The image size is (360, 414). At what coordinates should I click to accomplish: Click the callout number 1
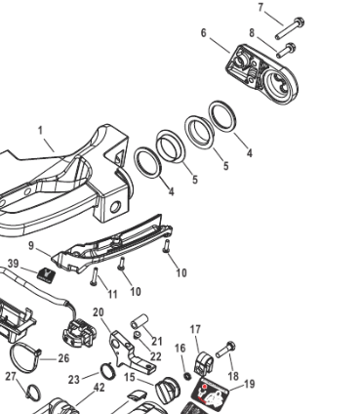pos(40,131)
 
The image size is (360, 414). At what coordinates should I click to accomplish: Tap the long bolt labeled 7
pos(290,29)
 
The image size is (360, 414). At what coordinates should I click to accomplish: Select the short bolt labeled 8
pos(286,51)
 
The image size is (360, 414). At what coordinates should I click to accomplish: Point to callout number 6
pos(204,33)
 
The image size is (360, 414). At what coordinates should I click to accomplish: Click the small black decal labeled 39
pos(46,274)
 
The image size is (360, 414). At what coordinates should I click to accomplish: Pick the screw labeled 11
pos(94,276)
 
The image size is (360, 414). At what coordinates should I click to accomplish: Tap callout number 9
pos(31,245)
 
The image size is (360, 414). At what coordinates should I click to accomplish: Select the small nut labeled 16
pos(187,376)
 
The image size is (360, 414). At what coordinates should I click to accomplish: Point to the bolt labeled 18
pos(225,350)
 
